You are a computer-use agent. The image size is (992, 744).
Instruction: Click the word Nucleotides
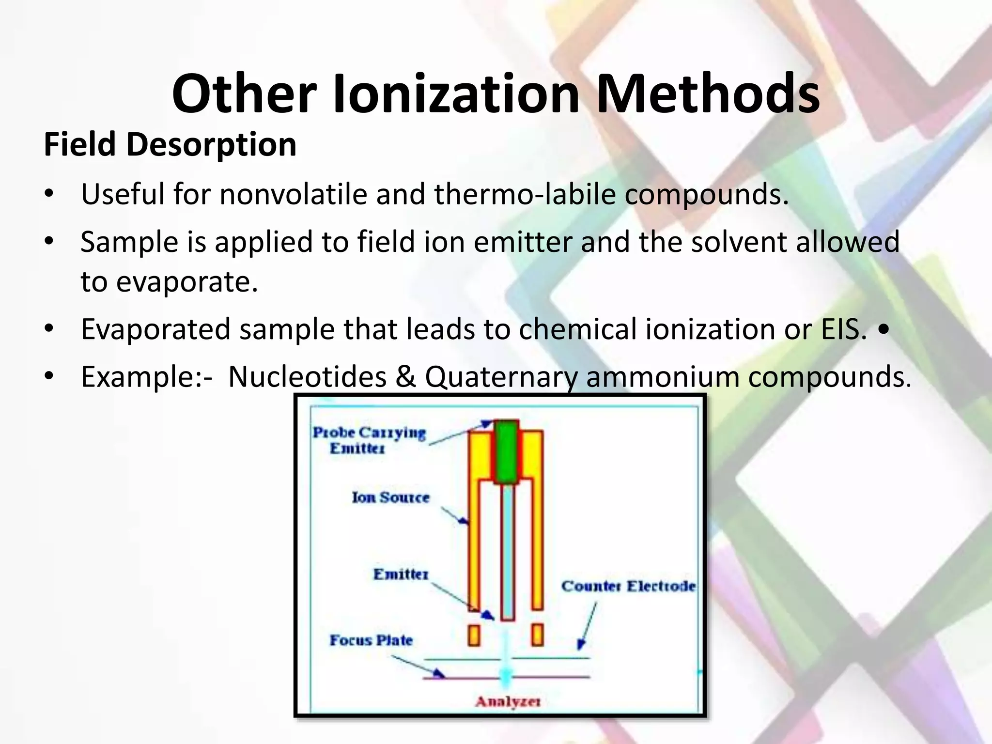pyautogui.click(x=307, y=376)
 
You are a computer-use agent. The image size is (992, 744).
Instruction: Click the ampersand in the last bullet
pyautogui.click(x=406, y=376)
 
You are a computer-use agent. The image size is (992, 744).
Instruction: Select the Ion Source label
pyautogui.click(x=390, y=497)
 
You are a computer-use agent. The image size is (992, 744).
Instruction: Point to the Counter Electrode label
pyautogui.click(x=628, y=586)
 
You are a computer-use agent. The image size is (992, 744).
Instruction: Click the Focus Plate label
pyautogui.click(x=371, y=640)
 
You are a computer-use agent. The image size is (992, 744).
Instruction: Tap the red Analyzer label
pyautogui.click(x=508, y=701)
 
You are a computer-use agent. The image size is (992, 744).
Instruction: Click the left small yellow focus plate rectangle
pyautogui.click(x=474, y=635)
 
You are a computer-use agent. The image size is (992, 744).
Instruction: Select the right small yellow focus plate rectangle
pyautogui.click(x=537, y=635)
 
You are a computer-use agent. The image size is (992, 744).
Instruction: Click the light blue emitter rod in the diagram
pyautogui.click(x=507, y=552)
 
